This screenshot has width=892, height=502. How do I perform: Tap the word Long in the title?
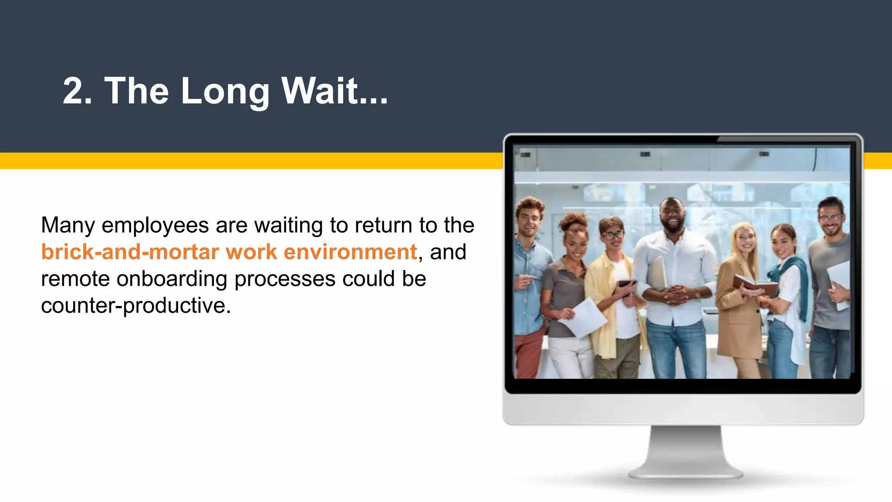click(225, 92)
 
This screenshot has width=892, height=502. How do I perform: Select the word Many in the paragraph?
click(68, 226)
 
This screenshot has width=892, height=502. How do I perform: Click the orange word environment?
click(350, 252)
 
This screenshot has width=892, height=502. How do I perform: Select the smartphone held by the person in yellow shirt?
click(626, 285)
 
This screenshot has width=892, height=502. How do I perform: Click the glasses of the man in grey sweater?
click(830, 217)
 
